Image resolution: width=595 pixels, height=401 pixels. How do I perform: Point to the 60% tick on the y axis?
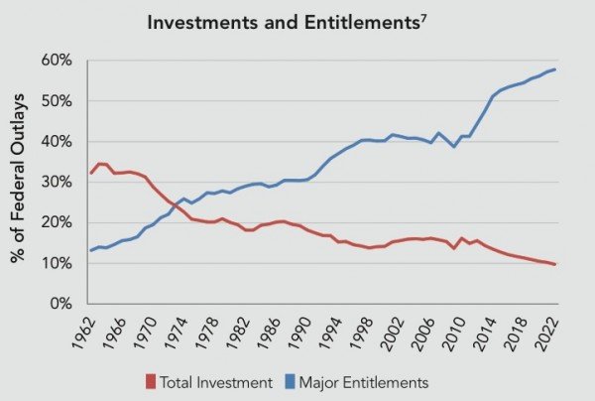pyautogui.click(x=57, y=61)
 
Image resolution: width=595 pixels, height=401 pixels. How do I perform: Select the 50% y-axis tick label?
pyautogui.click(x=57, y=101)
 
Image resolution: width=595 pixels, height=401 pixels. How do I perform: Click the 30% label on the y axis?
pyautogui.click(x=57, y=183)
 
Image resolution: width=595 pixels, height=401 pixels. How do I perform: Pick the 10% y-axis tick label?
pyautogui.click(x=57, y=263)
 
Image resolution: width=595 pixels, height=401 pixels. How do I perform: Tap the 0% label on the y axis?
pyautogui.click(x=60, y=304)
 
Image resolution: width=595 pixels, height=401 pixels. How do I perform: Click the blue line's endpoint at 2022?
pyautogui.click(x=552, y=68)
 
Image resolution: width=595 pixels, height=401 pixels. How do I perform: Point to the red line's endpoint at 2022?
pyautogui.click(x=552, y=264)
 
